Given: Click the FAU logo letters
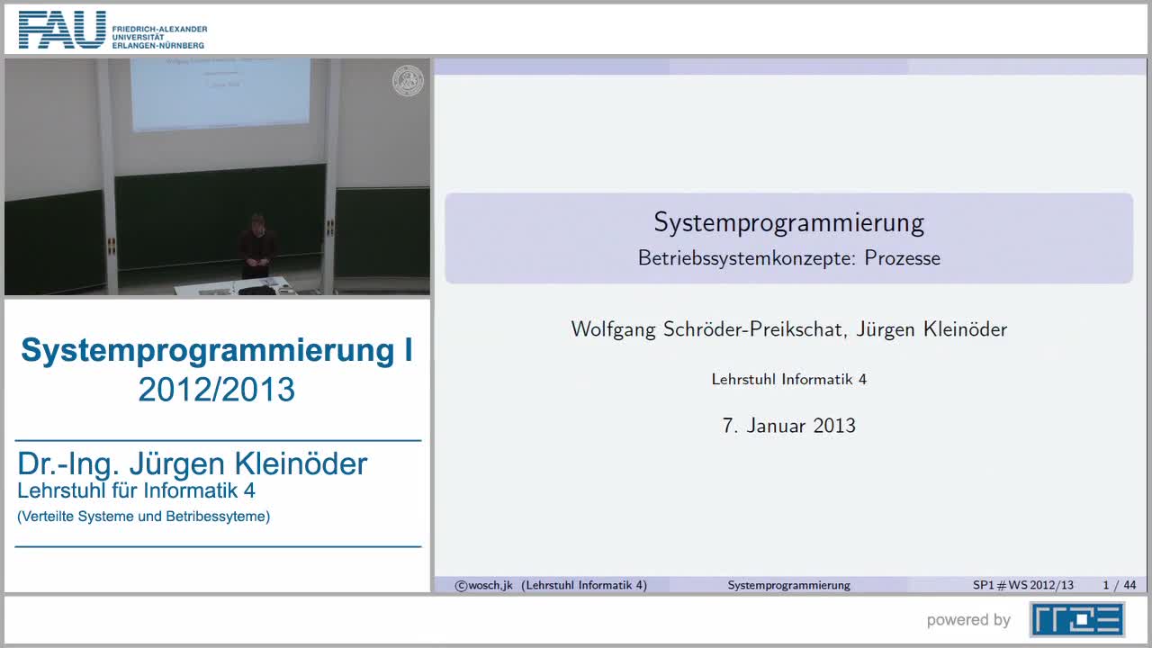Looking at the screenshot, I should pyautogui.click(x=61, y=30).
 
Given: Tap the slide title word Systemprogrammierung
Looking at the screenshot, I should pyautogui.click(x=788, y=222).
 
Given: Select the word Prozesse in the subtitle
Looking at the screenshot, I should pyautogui.click(x=902, y=258).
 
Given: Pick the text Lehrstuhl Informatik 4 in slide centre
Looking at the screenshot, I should pyautogui.click(x=788, y=380).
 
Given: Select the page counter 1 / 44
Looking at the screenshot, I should pyautogui.click(x=1119, y=585).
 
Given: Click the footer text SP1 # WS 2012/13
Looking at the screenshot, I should pyautogui.click(x=1022, y=585).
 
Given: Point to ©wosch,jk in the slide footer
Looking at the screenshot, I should pyautogui.click(x=483, y=585).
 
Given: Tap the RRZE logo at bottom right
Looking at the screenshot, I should pyautogui.click(x=1076, y=619).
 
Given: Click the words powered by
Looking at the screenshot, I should pyautogui.click(x=968, y=620).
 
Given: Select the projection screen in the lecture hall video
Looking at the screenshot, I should pyautogui.click(x=220, y=93).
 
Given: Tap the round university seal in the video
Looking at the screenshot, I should pyautogui.click(x=408, y=81).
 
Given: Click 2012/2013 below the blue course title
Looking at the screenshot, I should pyautogui.click(x=217, y=390).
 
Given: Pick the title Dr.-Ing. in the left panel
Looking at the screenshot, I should pyautogui.click(x=68, y=463).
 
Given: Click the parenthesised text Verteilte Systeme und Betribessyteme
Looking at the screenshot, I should pyautogui.click(x=144, y=517).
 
